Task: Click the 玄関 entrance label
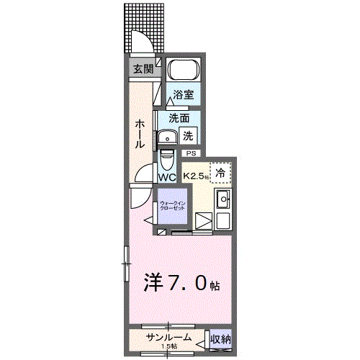click(143, 69)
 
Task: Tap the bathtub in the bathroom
click(184, 72)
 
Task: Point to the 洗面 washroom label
click(179, 118)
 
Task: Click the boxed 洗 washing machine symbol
click(187, 134)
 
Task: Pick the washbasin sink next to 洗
click(167, 137)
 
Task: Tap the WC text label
click(167, 176)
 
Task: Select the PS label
click(191, 153)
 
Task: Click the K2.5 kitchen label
click(195, 175)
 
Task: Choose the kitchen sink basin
click(223, 199)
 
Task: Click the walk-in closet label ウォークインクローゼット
click(173, 206)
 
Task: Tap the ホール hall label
click(140, 134)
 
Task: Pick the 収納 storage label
click(220, 338)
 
